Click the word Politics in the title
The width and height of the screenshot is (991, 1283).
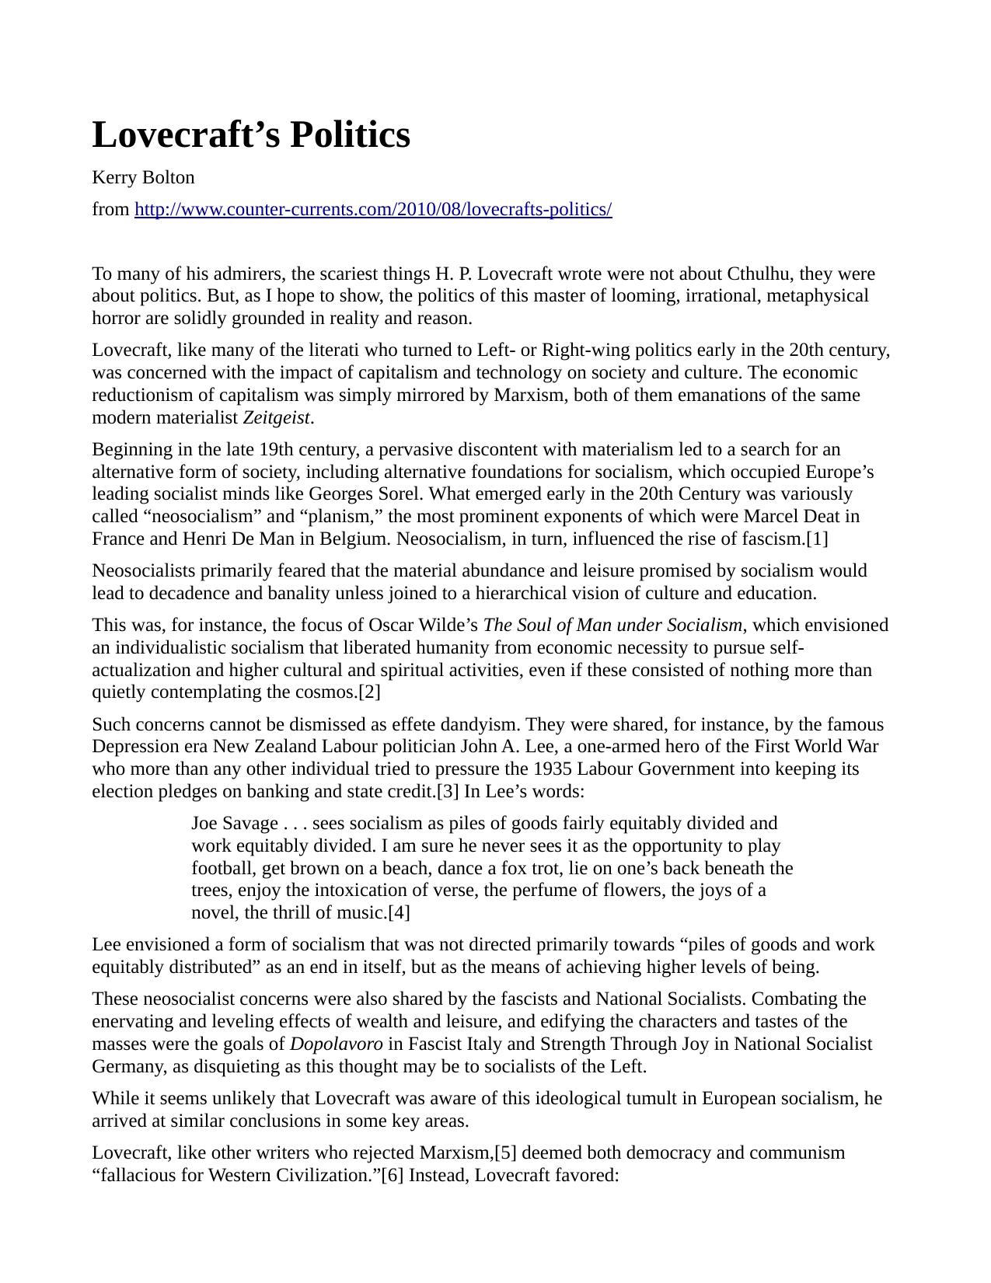(350, 135)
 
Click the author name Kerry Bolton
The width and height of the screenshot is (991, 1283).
(143, 178)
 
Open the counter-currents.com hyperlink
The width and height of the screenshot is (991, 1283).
(373, 210)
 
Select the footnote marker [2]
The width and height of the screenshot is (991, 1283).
(369, 692)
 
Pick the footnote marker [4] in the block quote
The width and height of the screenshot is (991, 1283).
(399, 913)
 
